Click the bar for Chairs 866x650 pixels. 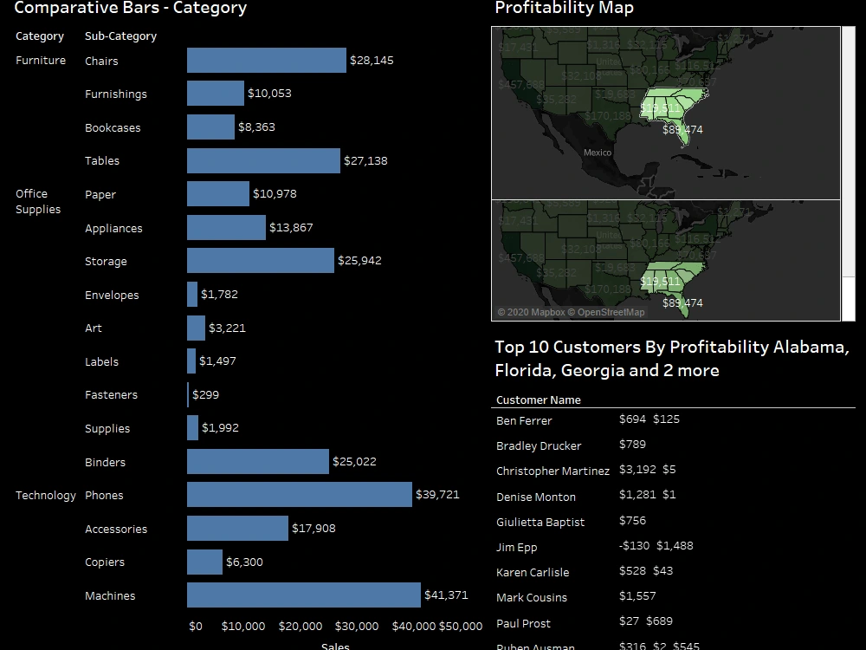(266, 61)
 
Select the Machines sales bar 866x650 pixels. (303, 595)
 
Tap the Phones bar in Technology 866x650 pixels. (299, 495)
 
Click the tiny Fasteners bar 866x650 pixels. (188, 395)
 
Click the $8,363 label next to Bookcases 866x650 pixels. (256, 127)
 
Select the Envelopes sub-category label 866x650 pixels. (112, 296)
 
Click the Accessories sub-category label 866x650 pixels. (116, 530)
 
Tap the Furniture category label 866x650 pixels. (41, 61)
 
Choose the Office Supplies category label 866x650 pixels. (38, 202)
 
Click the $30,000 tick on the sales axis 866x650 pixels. (357, 626)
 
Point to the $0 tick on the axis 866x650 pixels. (196, 626)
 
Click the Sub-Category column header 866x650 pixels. (120, 36)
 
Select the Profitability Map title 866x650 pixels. (564, 9)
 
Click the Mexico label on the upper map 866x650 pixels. (597, 153)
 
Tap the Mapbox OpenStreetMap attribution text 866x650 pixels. (571, 312)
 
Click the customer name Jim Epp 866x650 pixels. (517, 548)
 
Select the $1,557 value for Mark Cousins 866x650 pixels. (637, 596)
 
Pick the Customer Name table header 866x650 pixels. (538, 400)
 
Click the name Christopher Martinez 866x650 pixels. (553, 471)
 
